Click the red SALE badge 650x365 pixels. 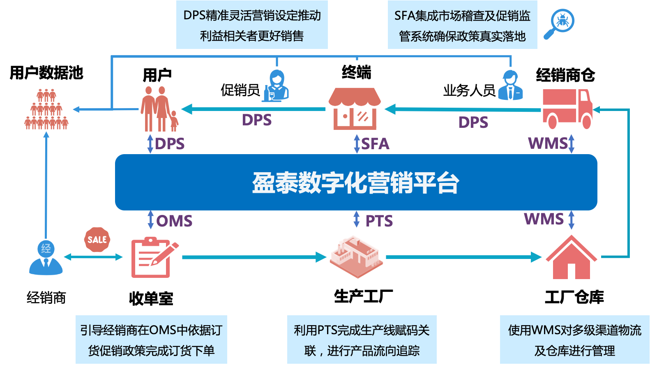point(97,240)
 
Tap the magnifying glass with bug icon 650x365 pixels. point(559,23)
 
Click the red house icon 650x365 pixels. point(571,258)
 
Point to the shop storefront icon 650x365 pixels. point(355,109)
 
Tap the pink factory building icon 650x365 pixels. point(356,256)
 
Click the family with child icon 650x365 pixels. point(159,109)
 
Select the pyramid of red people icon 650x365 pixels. point(46,109)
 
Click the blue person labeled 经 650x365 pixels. point(46,257)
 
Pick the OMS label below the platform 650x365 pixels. point(174,221)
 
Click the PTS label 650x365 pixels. point(379,221)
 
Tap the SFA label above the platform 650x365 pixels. point(375,144)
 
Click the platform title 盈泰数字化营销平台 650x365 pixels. point(356,182)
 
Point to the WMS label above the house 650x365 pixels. point(544,219)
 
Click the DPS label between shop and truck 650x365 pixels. point(473,122)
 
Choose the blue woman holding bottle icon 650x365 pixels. point(276,86)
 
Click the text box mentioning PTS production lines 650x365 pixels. point(362,340)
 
